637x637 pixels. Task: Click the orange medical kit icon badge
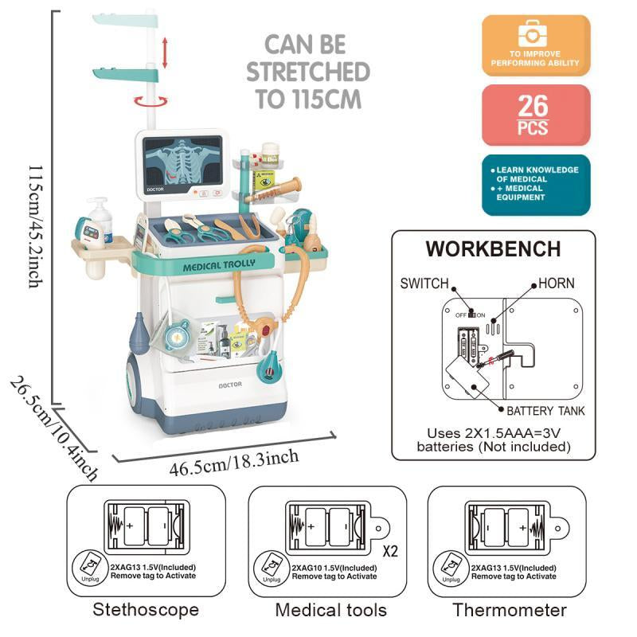pyautogui.click(x=536, y=45)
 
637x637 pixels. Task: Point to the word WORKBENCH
pyautogui.click(x=493, y=248)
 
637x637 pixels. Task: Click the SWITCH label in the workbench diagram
pyautogui.click(x=424, y=283)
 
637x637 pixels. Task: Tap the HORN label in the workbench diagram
pyautogui.click(x=556, y=283)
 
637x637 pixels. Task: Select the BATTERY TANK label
pyautogui.click(x=545, y=411)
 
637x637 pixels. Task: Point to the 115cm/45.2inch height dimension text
pyautogui.click(x=34, y=215)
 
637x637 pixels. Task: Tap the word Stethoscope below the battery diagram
pyautogui.click(x=146, y=611)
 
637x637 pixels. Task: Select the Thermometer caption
pyautogui.click(x=510, y=611)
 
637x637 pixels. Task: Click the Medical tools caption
pyautogui.click(x=330, y=611)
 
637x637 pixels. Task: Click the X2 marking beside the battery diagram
pyautogui.click(x=390, y=550)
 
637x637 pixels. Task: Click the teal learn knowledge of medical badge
pyautogui.click(x=536, y=186)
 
